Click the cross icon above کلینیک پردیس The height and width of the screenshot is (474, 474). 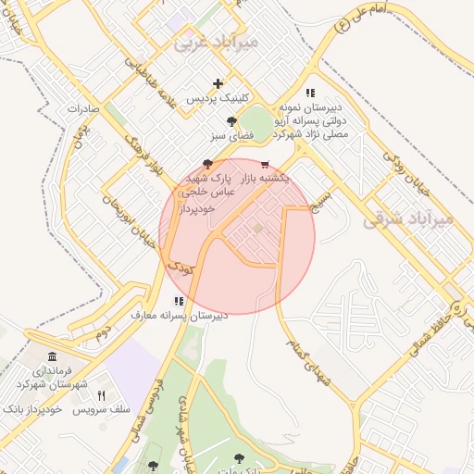click(218, 83)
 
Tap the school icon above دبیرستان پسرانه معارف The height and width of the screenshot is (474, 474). click(178, 301)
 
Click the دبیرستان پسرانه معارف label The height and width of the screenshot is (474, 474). click(179, 316)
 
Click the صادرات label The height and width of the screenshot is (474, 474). click(83, 109)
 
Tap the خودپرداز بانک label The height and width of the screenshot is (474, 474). click(32, 409)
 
